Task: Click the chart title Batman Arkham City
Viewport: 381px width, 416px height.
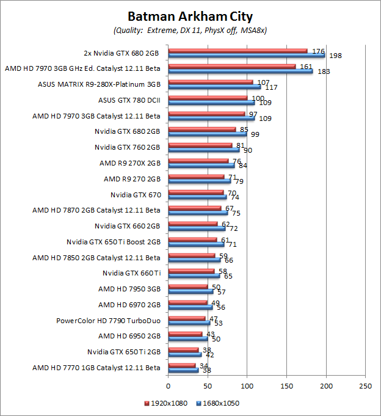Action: click(x=190, y=16)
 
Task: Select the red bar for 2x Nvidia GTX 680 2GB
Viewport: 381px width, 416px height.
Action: click(x=238, y=51)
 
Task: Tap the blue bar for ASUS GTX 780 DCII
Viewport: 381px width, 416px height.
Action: click(x=211, y=102)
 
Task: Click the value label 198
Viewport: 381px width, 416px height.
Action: click(x=335, y=56)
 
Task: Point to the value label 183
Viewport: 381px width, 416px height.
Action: click(x=323, y=71)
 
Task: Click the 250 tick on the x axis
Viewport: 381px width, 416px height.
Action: click(x=365, y=386)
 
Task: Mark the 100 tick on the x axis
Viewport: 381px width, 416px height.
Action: click(x=247, y=386)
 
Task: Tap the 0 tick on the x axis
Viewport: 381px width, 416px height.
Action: click(x=169, y=386)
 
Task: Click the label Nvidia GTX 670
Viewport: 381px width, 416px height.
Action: click(x=135, y=195)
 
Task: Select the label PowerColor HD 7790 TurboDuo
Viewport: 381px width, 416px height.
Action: click(x=108, y=320)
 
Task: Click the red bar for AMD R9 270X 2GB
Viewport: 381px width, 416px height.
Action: click(x=198, y=161)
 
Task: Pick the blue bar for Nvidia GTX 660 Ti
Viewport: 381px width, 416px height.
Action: click(x=194, y=276)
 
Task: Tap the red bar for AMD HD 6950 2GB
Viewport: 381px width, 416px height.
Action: click(x=185, y=334)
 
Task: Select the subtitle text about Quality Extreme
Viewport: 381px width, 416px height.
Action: click(x=190, y=30)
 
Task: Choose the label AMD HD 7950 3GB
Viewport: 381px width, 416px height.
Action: click(x=129, y=288)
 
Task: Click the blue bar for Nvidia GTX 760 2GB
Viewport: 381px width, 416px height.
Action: click(x=204, y=149)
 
